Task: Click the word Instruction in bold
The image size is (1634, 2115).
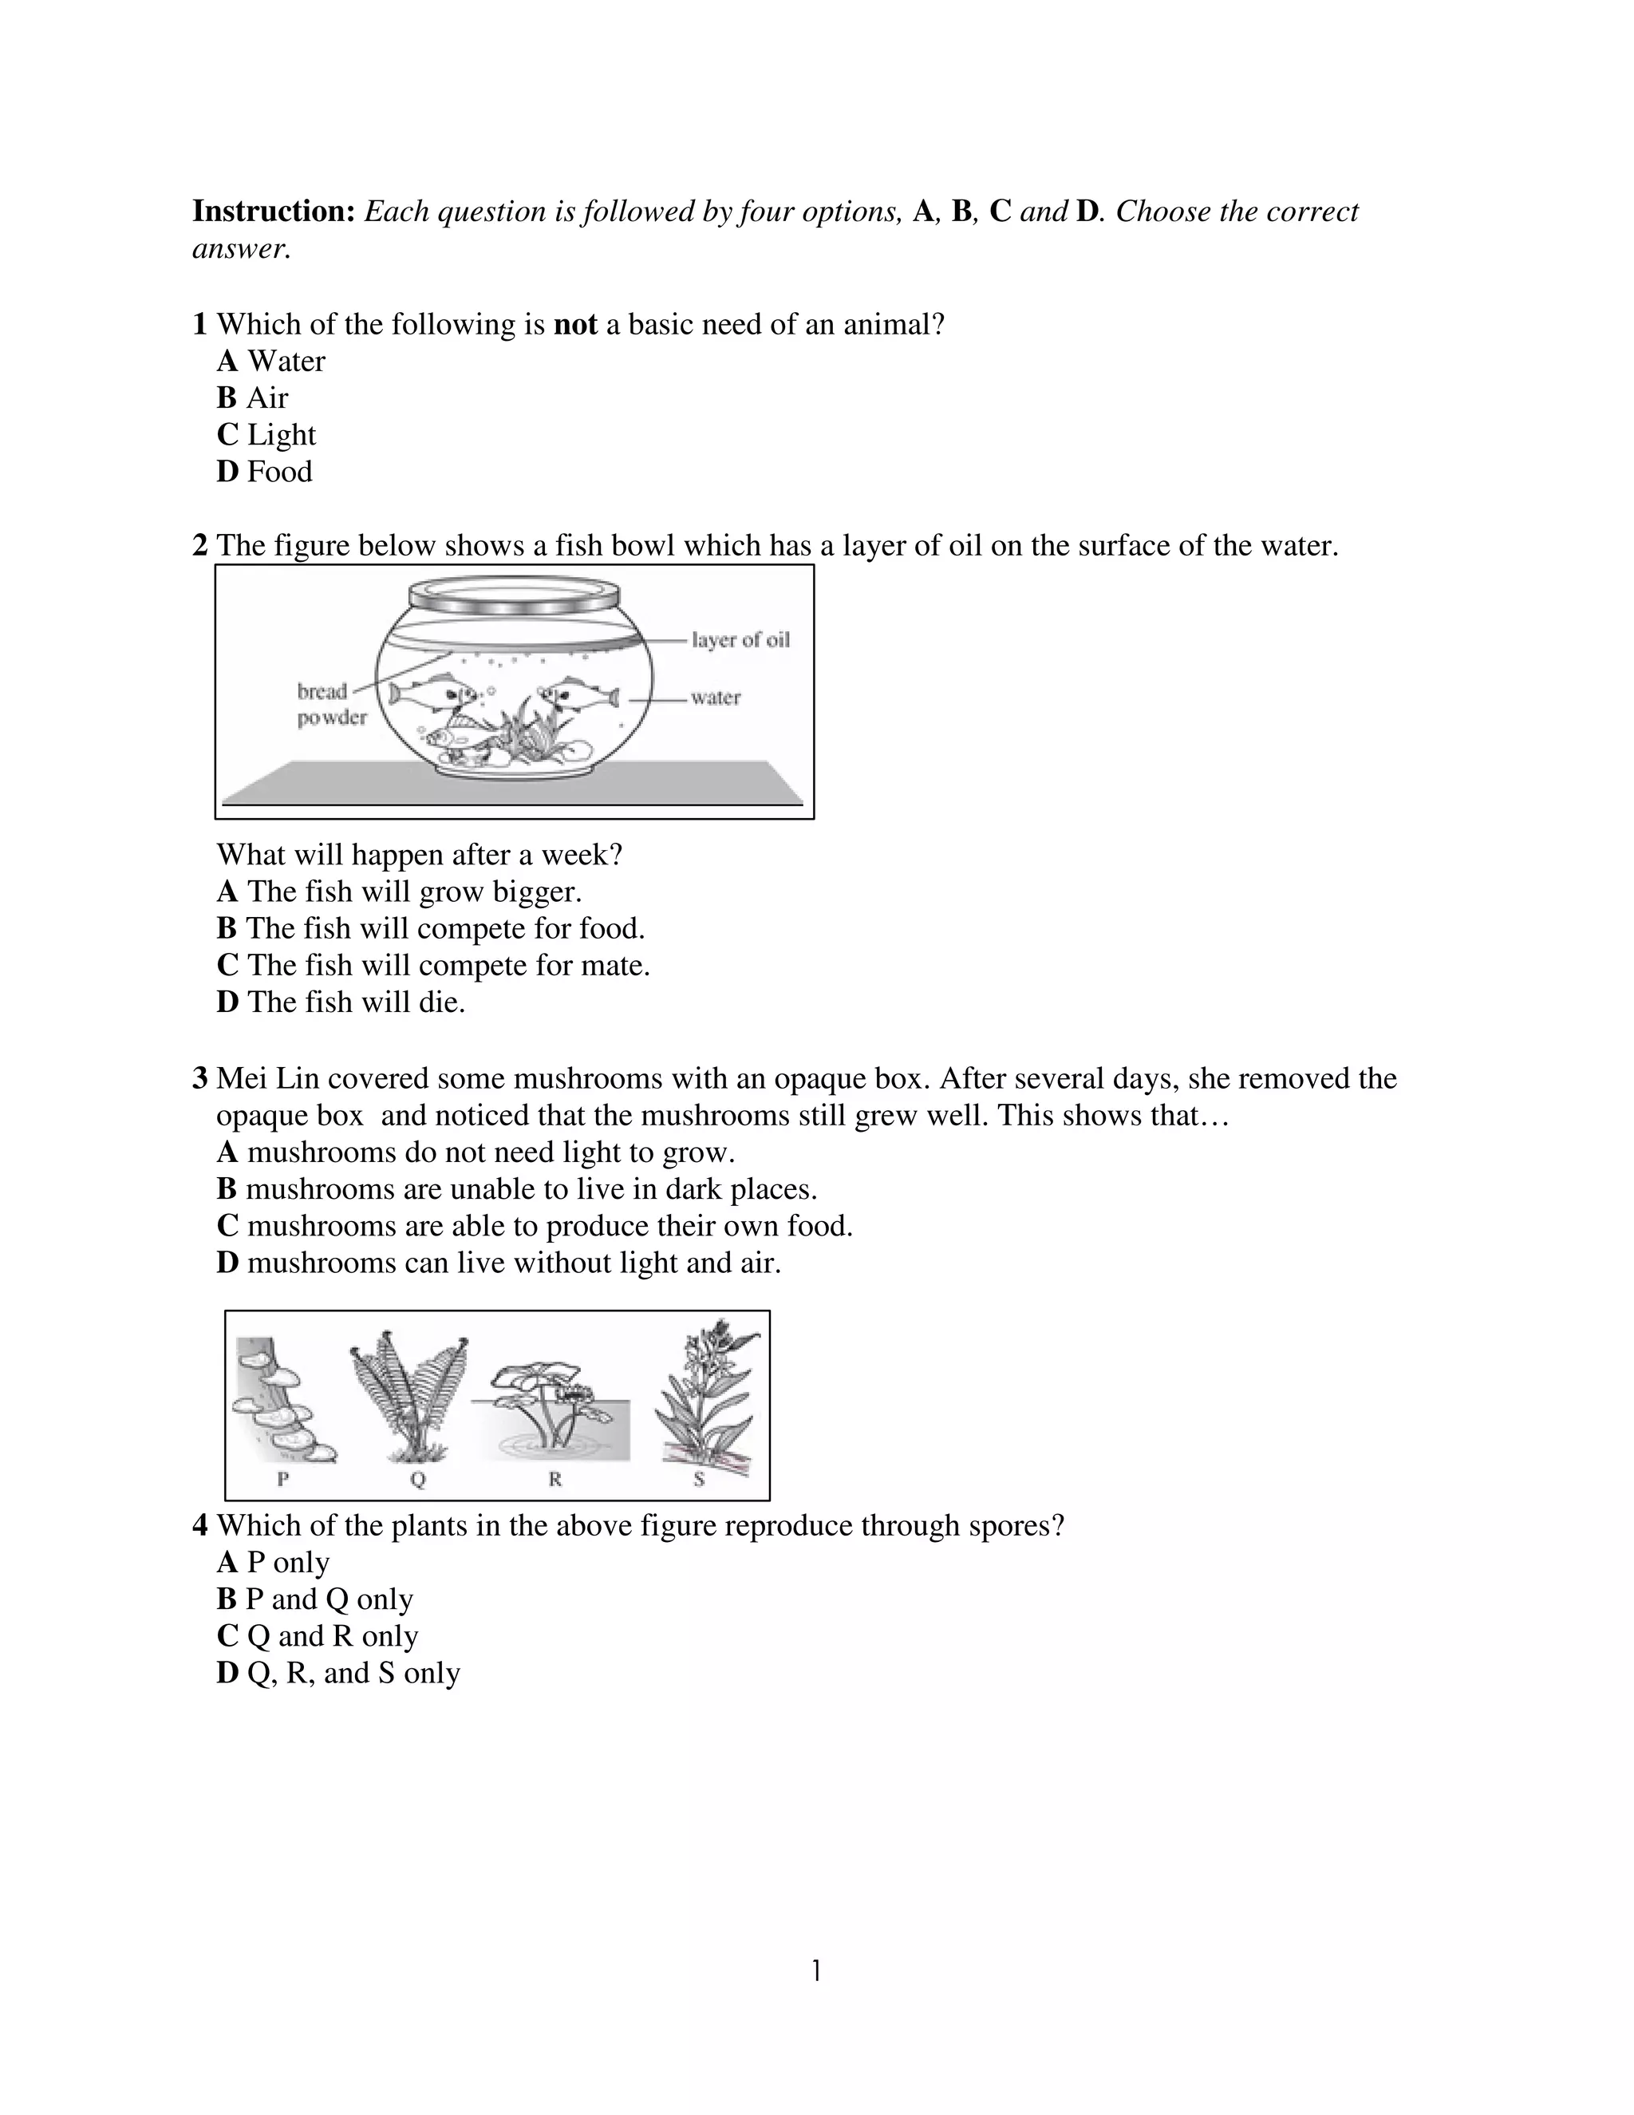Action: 274,211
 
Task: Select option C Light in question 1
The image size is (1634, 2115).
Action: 266,435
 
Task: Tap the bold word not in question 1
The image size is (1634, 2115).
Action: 575,324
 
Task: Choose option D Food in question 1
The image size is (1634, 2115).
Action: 264,472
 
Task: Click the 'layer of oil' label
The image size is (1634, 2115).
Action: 740,640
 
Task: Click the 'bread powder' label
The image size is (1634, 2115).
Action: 330,704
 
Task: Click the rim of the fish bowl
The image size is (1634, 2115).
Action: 514,593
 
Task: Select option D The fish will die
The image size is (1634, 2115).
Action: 341,1002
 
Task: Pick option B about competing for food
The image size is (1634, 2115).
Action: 430,929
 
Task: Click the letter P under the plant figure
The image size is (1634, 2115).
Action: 282,1479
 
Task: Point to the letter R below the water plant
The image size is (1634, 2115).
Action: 555,1479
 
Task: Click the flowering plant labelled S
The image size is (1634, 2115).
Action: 704,1398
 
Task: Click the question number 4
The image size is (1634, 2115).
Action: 200,1525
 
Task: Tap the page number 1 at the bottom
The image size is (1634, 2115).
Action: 816,1971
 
